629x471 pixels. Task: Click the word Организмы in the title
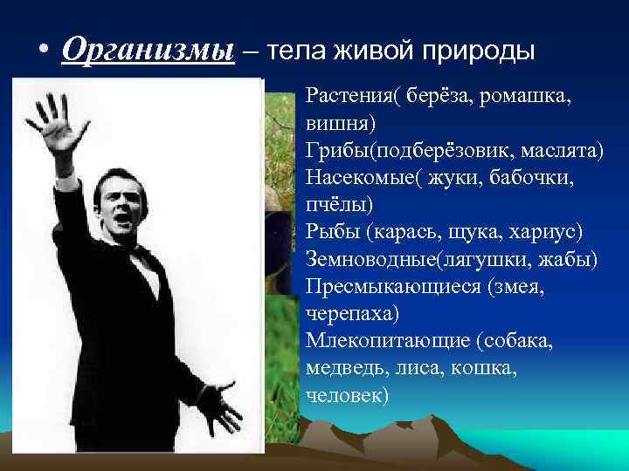[148, 51]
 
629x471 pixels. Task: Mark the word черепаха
[345, 313]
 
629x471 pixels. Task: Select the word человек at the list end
[344, 394]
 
